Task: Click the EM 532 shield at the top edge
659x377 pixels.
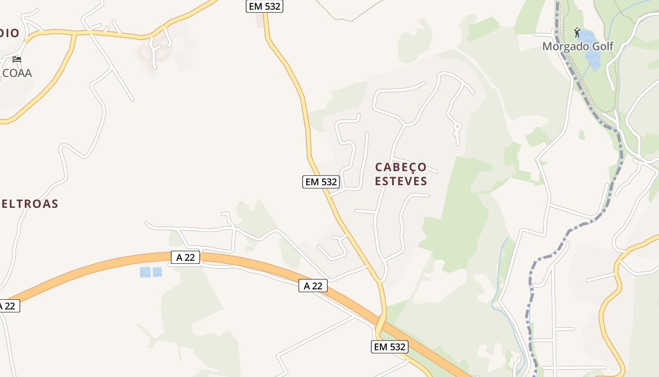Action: click(x=264, y=6)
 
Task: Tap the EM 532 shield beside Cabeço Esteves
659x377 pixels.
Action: click(x=321, y=182)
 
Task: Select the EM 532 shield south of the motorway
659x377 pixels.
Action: click(x=389, y=347)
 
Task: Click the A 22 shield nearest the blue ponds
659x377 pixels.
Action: click(x=185, y=257)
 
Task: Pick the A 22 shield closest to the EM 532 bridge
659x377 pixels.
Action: click(x=313, y=286)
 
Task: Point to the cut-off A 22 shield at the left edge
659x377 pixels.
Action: click(x=8, y=306)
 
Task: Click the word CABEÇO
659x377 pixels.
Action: click(x=401, y=167)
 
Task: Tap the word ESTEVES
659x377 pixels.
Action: click(x=401, y=181)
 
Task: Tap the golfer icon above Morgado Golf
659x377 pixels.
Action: click(x=577, y=33)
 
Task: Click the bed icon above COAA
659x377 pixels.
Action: click(x=17, y=59)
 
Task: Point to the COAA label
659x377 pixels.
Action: click(x=17, y=73)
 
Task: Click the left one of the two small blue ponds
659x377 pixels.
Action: click(x=145, y=272)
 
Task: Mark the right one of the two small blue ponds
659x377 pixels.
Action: click(x=157, y=272)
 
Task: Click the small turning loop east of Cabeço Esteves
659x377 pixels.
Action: click(x=456, y=126)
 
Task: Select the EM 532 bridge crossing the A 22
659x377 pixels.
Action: click(x=380, y=324)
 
